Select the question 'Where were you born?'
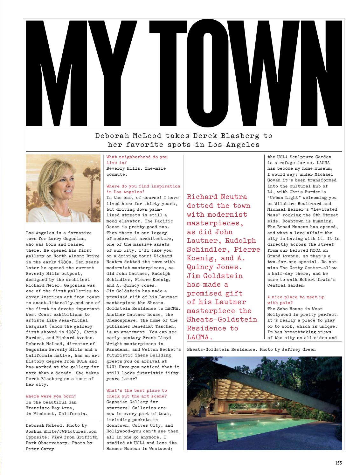pyautogui.click(x=51, y=396)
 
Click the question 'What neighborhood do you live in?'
pyautogui.click(x=137, y=159)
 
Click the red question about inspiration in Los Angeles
pyautogui.click(x=143, y=189)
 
